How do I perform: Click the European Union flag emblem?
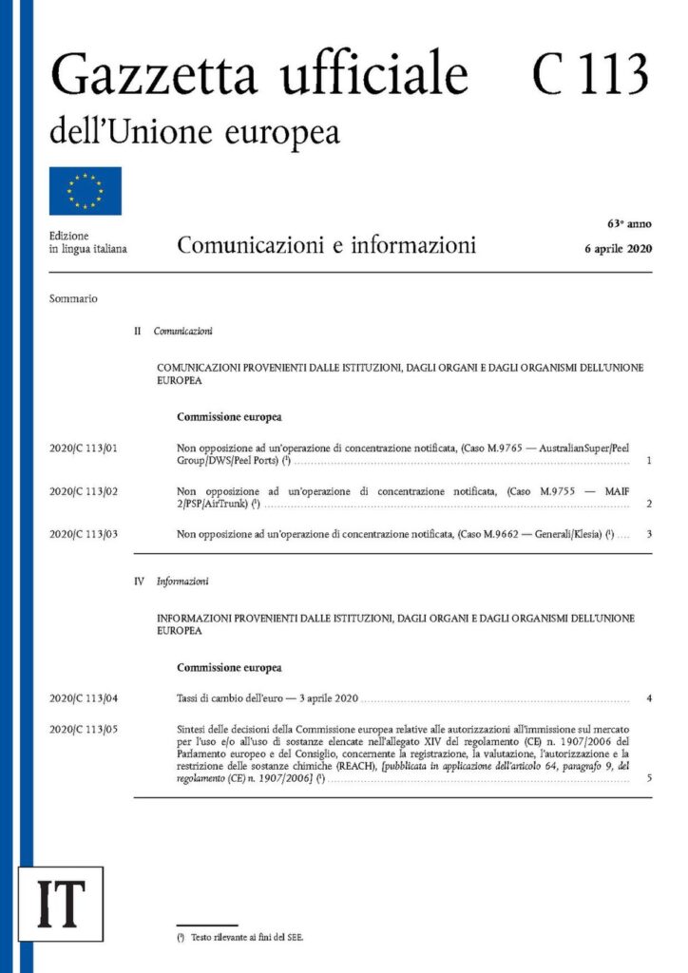click(86, 190)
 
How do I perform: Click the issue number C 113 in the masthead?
click(590, 73)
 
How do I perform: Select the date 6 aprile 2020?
click(618, 250)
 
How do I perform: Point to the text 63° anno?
click(629, 224)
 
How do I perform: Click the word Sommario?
click(73, 298)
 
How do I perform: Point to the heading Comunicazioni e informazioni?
click(326, 246)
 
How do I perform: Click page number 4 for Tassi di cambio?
click(648, 699)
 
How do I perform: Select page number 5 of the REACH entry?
click(648, 778)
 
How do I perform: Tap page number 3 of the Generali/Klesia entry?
click(648, 534)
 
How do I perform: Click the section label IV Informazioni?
click(172, 580)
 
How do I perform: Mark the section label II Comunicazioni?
click(174, 332)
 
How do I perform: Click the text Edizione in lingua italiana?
click(87, 242)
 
